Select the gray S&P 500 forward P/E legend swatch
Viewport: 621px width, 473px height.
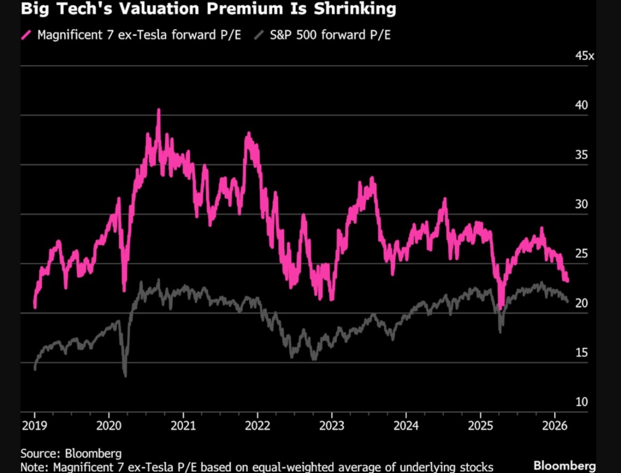(x=259, y=36)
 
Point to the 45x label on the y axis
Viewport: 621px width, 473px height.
(x=585, y=56)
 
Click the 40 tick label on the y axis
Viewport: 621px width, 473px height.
(x=582, y=105)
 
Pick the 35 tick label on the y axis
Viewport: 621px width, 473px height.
(x=582, y=155)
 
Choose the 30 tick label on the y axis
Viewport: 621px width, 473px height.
(x=582, y=204)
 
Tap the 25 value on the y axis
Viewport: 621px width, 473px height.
(x=582, y=254)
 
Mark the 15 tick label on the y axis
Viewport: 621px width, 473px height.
(x=582, y=353)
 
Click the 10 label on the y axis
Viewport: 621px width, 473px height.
(x=582, y=402)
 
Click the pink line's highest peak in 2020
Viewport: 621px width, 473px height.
(x=158, y=109)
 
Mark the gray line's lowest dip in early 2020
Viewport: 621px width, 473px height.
(x=125, y=376)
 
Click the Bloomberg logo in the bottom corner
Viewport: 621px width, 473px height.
(x=564, y=465)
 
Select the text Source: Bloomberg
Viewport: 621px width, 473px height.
(x=71, y=453)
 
